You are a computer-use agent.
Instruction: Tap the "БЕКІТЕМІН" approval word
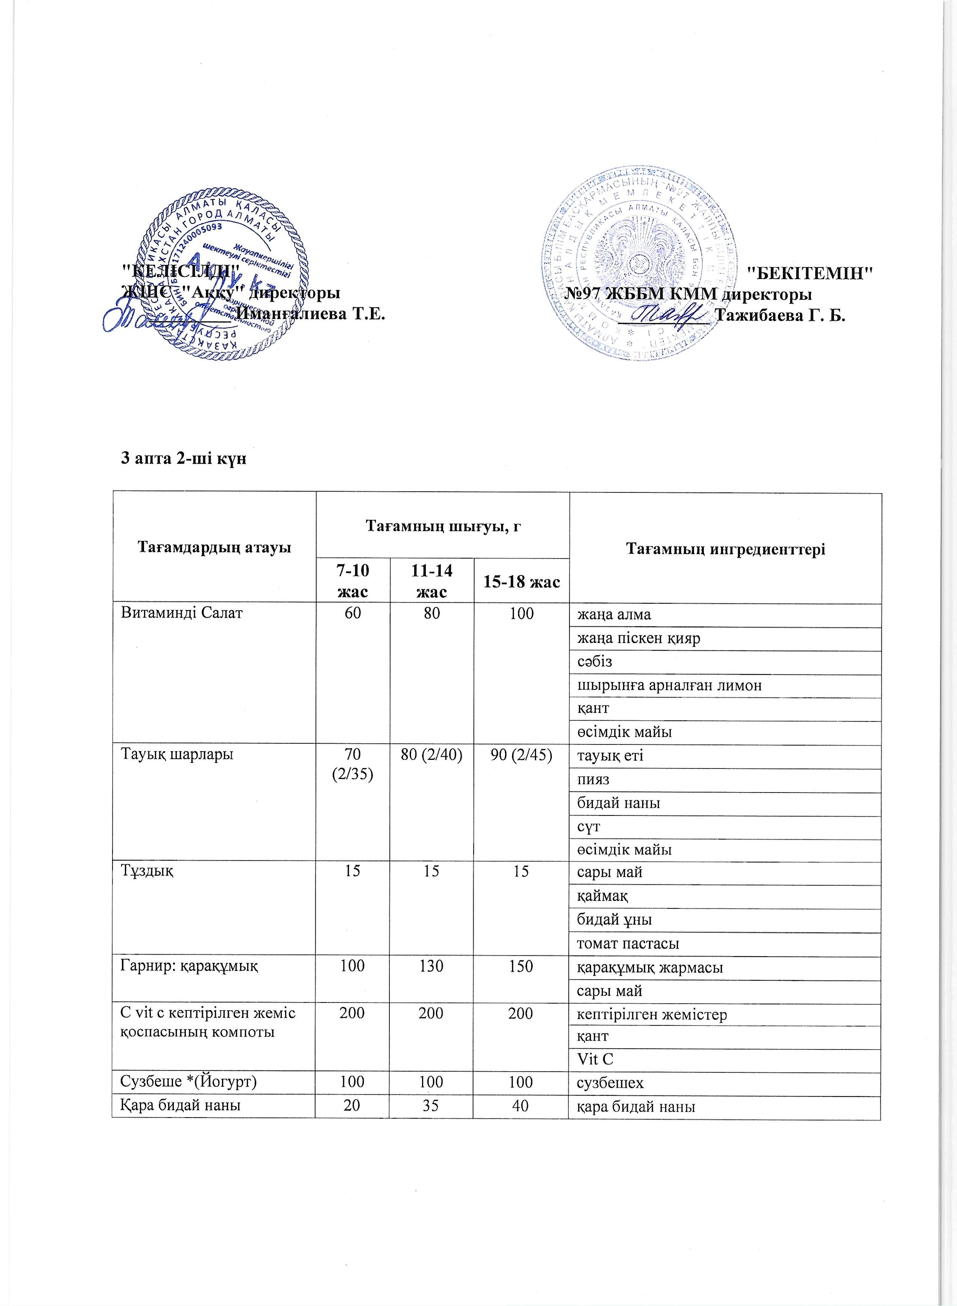coord(810,272)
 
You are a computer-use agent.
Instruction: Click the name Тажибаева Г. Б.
coord(781,316)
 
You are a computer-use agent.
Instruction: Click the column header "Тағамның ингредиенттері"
coord(725,548)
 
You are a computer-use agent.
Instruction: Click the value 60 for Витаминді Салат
coord(353,614)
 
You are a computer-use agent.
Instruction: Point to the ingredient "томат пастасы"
coord(627,943)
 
